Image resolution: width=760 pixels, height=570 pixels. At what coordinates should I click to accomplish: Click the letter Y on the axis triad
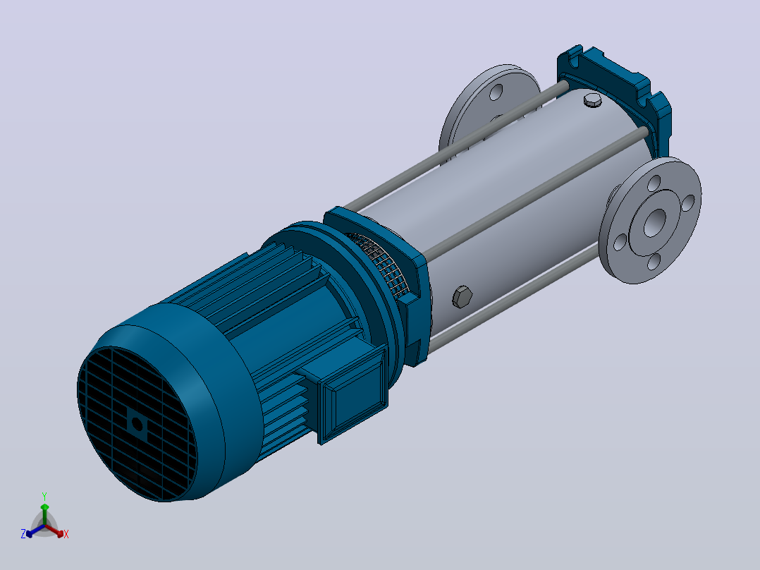click(x=44, y=496)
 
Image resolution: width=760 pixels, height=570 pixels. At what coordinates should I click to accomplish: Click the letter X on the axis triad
click(x=66, y=534)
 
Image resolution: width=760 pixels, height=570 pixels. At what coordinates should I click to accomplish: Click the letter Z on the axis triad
click(x=23, y=533)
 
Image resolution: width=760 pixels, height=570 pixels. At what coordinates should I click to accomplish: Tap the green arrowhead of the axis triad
click(x=44, y=507)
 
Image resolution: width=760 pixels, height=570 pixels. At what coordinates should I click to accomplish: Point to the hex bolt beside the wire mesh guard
click(x=462, y=296)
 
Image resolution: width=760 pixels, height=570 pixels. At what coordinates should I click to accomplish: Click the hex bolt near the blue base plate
click(x=592, y=100)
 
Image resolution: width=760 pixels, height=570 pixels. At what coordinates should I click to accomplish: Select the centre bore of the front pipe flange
click(x=654, y=223)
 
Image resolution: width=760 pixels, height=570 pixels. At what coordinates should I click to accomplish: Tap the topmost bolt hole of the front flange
click(x=654, y=183)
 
